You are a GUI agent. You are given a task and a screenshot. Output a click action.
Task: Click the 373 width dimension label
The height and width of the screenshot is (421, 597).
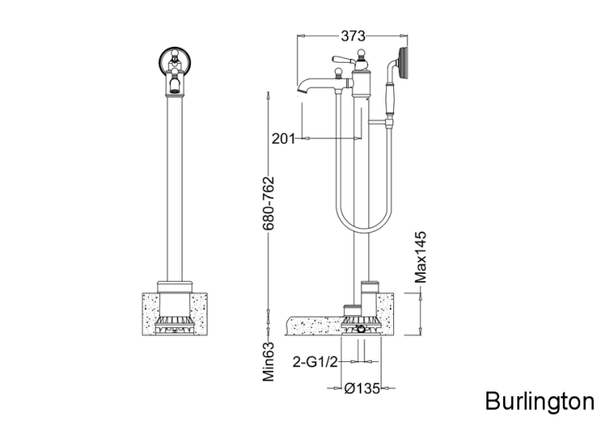pos(353,36)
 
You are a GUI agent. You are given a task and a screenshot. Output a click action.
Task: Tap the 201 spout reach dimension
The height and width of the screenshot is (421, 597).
pos(283,138)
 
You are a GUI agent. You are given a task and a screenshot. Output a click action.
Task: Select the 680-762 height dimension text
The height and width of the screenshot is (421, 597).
pos(268,203)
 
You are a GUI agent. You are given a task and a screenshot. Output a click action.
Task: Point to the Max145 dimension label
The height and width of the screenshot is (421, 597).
pos(421,257)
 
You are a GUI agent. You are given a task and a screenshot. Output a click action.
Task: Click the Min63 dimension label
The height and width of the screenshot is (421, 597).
pos(268,362)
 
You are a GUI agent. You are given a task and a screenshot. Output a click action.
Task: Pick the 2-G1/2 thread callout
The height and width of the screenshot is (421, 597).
pos(315,362)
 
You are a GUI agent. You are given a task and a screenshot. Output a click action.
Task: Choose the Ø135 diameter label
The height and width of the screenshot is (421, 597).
pos(362,388)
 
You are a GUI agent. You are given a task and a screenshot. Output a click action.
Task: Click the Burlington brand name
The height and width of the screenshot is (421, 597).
pos(540,401)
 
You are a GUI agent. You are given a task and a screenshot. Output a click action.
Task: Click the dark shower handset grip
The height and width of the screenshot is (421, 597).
pos(389,99)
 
